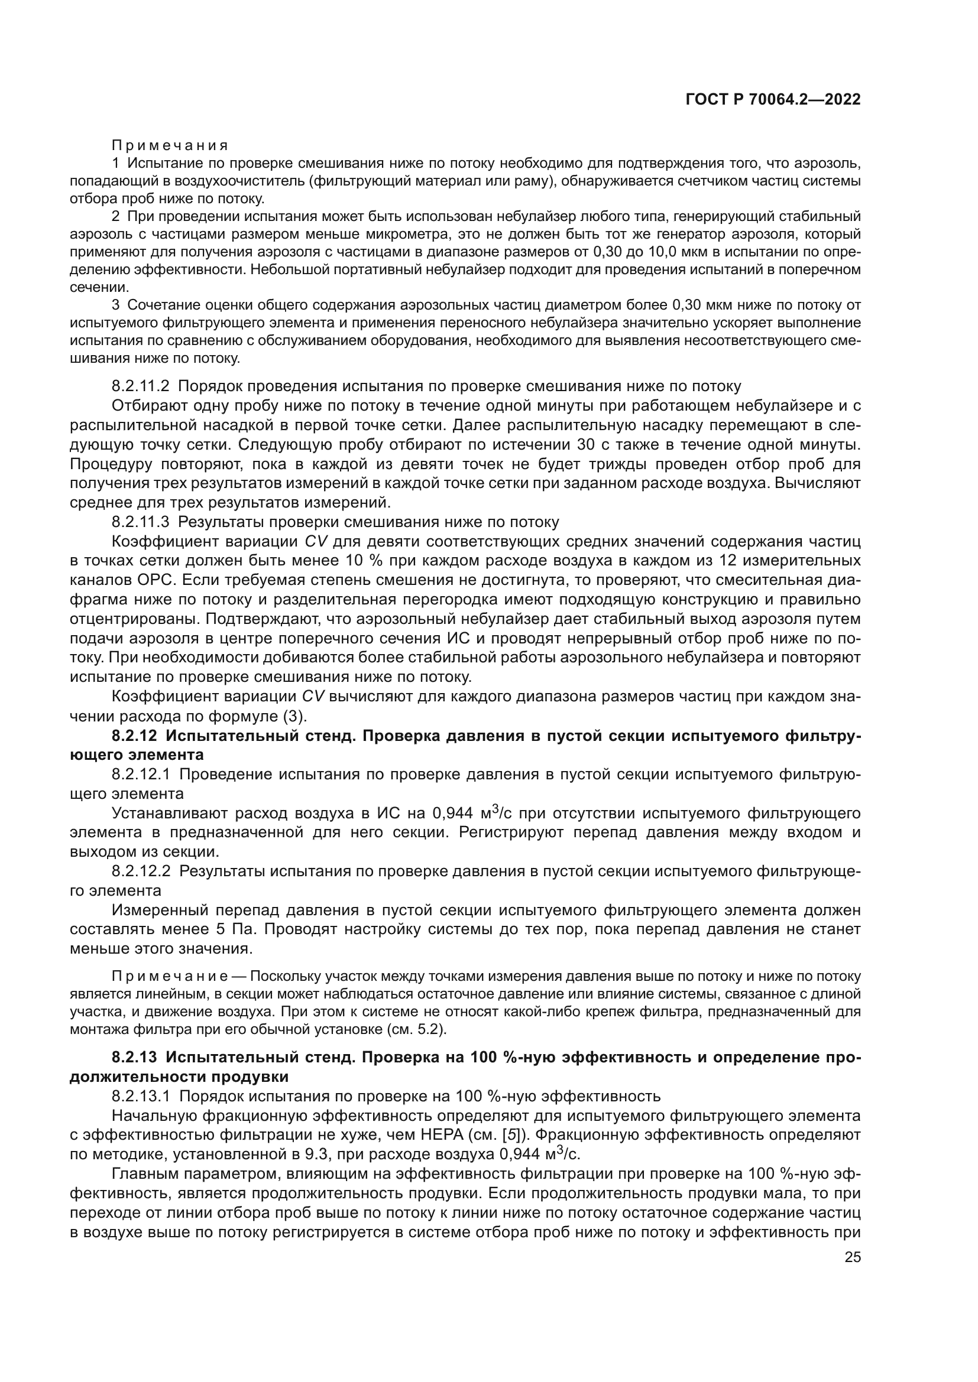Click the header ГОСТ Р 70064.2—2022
coord(773,100)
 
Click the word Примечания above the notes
coord(170,146)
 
